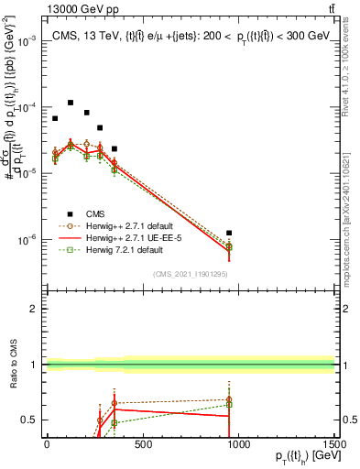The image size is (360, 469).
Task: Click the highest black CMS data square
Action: (71, 103)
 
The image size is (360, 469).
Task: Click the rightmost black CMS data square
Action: (229, 233)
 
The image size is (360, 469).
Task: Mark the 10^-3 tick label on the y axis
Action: (27, 42)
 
